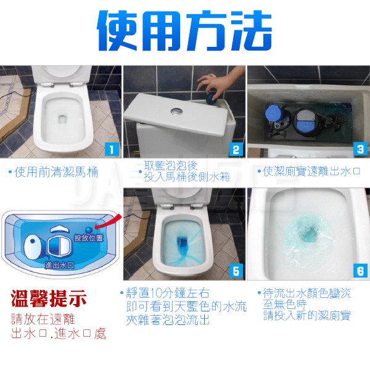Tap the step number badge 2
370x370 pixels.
[x=236, y=149]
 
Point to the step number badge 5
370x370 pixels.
[x=236, y=271]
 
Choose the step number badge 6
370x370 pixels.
[x=360, y=271]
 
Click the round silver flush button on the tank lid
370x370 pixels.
[x=176, y=111]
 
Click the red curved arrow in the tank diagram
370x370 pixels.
[x=109, y=221]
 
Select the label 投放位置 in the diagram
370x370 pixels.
[x=89, y=237]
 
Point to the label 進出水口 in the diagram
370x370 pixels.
[x=60, y=265]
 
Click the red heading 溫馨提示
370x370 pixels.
[x=49, y=299]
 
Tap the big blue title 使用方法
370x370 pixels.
[x=184, y=30]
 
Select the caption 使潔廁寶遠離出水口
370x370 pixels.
[x=311, y=171]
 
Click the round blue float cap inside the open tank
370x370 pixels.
[x=274, y=113]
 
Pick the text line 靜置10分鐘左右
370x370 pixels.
[x=168, y=294]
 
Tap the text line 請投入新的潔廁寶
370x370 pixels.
[x=307, y=316]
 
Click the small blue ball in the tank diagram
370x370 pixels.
[x=88, y=229]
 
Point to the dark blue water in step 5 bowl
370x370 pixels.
[x=182, y=244]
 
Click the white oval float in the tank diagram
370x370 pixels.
[x=34, y=248]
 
